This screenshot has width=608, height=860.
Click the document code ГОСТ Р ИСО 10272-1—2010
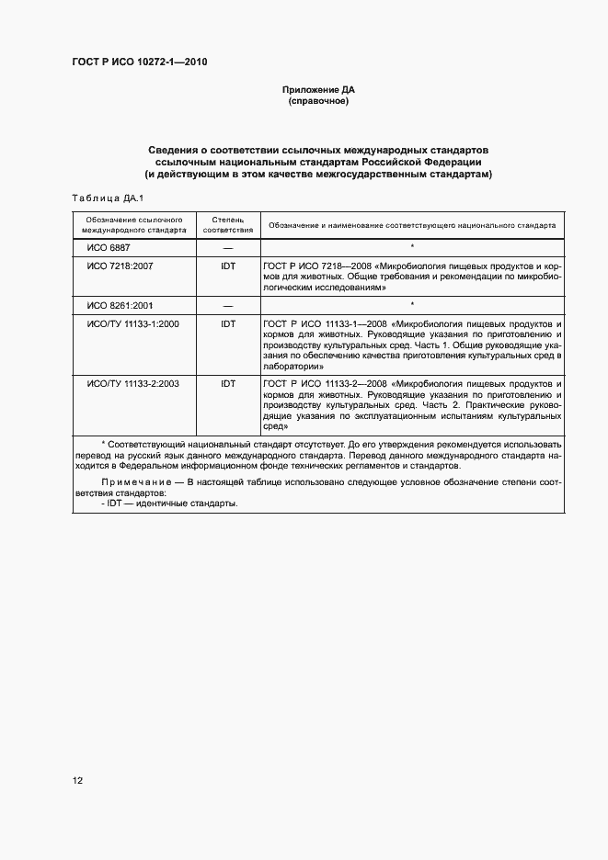138,62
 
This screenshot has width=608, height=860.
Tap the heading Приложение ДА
319,89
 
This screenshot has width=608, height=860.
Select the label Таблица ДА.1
103,198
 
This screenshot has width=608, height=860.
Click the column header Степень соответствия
227,225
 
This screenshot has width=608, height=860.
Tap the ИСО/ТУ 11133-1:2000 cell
132,323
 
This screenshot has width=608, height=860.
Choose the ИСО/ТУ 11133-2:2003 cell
132,383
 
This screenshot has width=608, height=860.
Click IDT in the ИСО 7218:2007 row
228,265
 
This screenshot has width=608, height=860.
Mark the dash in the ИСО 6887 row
228,248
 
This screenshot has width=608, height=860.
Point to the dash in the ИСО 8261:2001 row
228,304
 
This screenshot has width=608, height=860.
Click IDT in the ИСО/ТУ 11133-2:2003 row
228,383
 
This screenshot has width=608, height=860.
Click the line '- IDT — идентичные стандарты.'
166,504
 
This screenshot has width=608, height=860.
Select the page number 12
78,781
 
